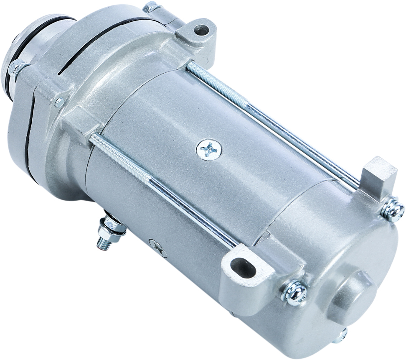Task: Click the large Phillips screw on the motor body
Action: click(x=209, y=149)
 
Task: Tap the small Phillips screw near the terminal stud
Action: click(x=157, y=248)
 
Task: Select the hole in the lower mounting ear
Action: click(x=243, y=268)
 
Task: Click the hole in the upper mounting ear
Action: click(x=201, y=30)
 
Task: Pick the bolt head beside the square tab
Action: click(x=393, y=210)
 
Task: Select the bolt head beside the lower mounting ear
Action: click(x=295, y=291)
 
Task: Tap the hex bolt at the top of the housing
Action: click(x=151, y=7)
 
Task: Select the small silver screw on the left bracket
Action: click(x=59, y=102)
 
